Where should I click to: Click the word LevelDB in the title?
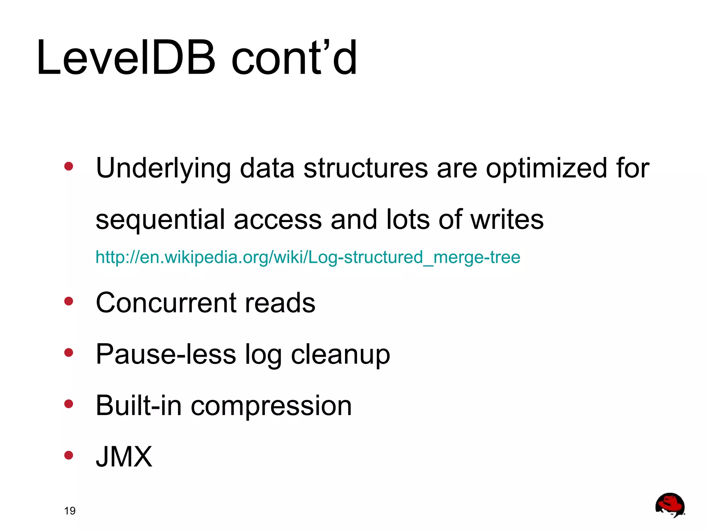[x=126, y=58]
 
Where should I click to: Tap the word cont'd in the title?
[x=294, y=58]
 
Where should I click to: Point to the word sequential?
[x=160, y=220]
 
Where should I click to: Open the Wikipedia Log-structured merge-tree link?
[x=308, y=257]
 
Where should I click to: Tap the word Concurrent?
[x=166, y=303]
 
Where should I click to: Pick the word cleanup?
[x=340, y=355]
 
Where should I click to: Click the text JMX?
[x=124, y=457]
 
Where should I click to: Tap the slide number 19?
[x=70, y=511]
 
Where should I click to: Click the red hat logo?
[x=670, y=505]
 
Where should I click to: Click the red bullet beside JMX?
[x=69, y=455]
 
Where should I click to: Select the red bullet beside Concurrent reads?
[x=69, y=301]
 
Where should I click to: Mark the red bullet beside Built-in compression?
[x=69, y=404]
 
